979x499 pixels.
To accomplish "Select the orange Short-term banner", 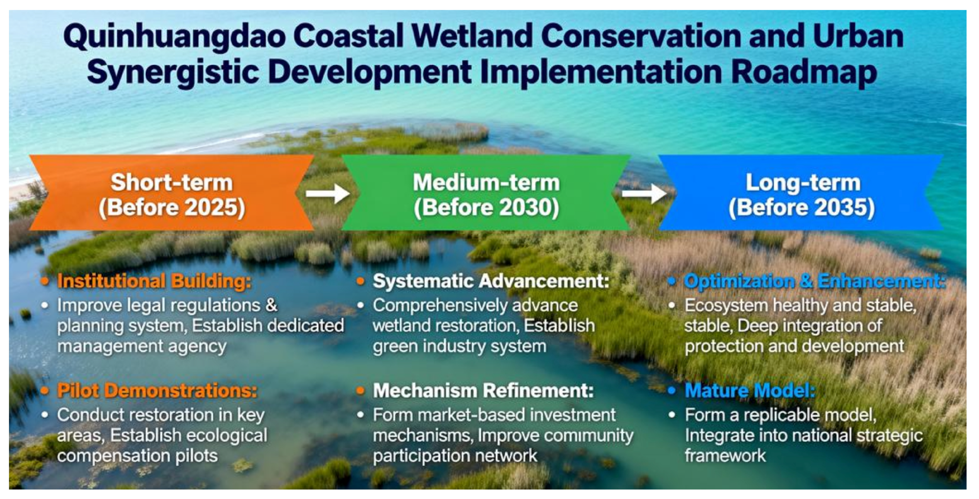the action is [x=172, y=193].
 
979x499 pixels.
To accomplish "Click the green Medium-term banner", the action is [x=486, y=193].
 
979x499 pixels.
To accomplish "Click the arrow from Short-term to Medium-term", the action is [x=328, y=193].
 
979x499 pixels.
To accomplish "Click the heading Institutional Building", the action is [x=154, y=282].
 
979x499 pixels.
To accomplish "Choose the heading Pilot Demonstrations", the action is [x=157, y=391].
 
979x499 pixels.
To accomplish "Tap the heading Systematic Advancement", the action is [x=491, y=282].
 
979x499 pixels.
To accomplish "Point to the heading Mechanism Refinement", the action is [x=483, y=391].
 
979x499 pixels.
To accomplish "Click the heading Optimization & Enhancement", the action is [x=815, y=282].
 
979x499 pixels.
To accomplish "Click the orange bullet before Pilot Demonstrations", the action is [x=45, y=391].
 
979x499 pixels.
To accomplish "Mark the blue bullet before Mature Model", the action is [x=671, y=391].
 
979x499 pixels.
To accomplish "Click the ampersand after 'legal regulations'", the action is [x=271, y=305].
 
